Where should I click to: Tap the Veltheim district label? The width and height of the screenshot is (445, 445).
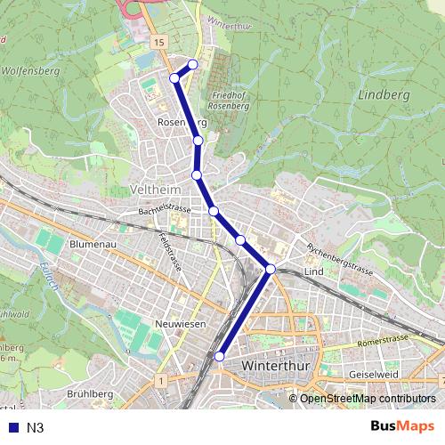pyautogui.click(x=156, y=190)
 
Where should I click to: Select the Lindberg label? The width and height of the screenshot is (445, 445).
pyautogui.click(x=384, y=93)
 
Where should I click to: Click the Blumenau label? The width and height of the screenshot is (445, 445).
pyautogui.click(x=93, y=243)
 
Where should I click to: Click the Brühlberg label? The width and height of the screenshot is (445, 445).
pyautogui.click(x=91, y=394)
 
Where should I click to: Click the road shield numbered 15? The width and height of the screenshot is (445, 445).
pyautogui.click(x=159, y=42)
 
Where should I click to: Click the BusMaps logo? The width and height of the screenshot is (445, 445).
pyautogui.click(x=402, y=427)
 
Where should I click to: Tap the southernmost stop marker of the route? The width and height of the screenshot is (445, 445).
pyautogui.click(x=219, y=357)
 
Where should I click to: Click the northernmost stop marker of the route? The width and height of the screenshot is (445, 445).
pyautogui.click(x=193, y=64)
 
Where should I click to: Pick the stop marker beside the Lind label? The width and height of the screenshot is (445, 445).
pyautogui.click(x=270, y=268)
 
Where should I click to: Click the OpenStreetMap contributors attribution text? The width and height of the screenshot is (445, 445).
pyautogui.click(x=367, y=399)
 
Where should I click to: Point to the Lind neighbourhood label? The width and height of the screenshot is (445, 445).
pyautogui.click(x=312, y=271)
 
